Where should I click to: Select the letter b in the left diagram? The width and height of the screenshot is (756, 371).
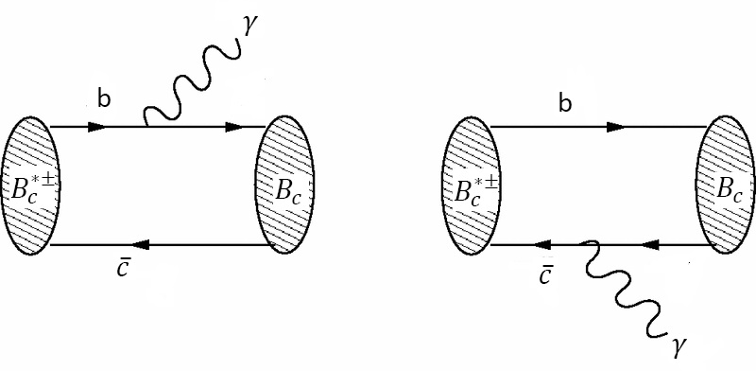tap(102, 97)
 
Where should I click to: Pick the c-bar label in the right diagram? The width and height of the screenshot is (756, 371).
tap(548, 274)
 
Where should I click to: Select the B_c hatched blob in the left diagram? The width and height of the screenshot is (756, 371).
tap(283, 185)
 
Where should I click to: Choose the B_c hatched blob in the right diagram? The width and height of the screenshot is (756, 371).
tap(725, 185)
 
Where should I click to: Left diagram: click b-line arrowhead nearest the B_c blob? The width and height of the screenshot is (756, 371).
tap(232, 126)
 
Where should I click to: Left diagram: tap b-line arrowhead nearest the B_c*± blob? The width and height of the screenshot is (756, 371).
tap(96, 126)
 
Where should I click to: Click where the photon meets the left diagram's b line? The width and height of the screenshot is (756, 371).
tap(145, 125)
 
